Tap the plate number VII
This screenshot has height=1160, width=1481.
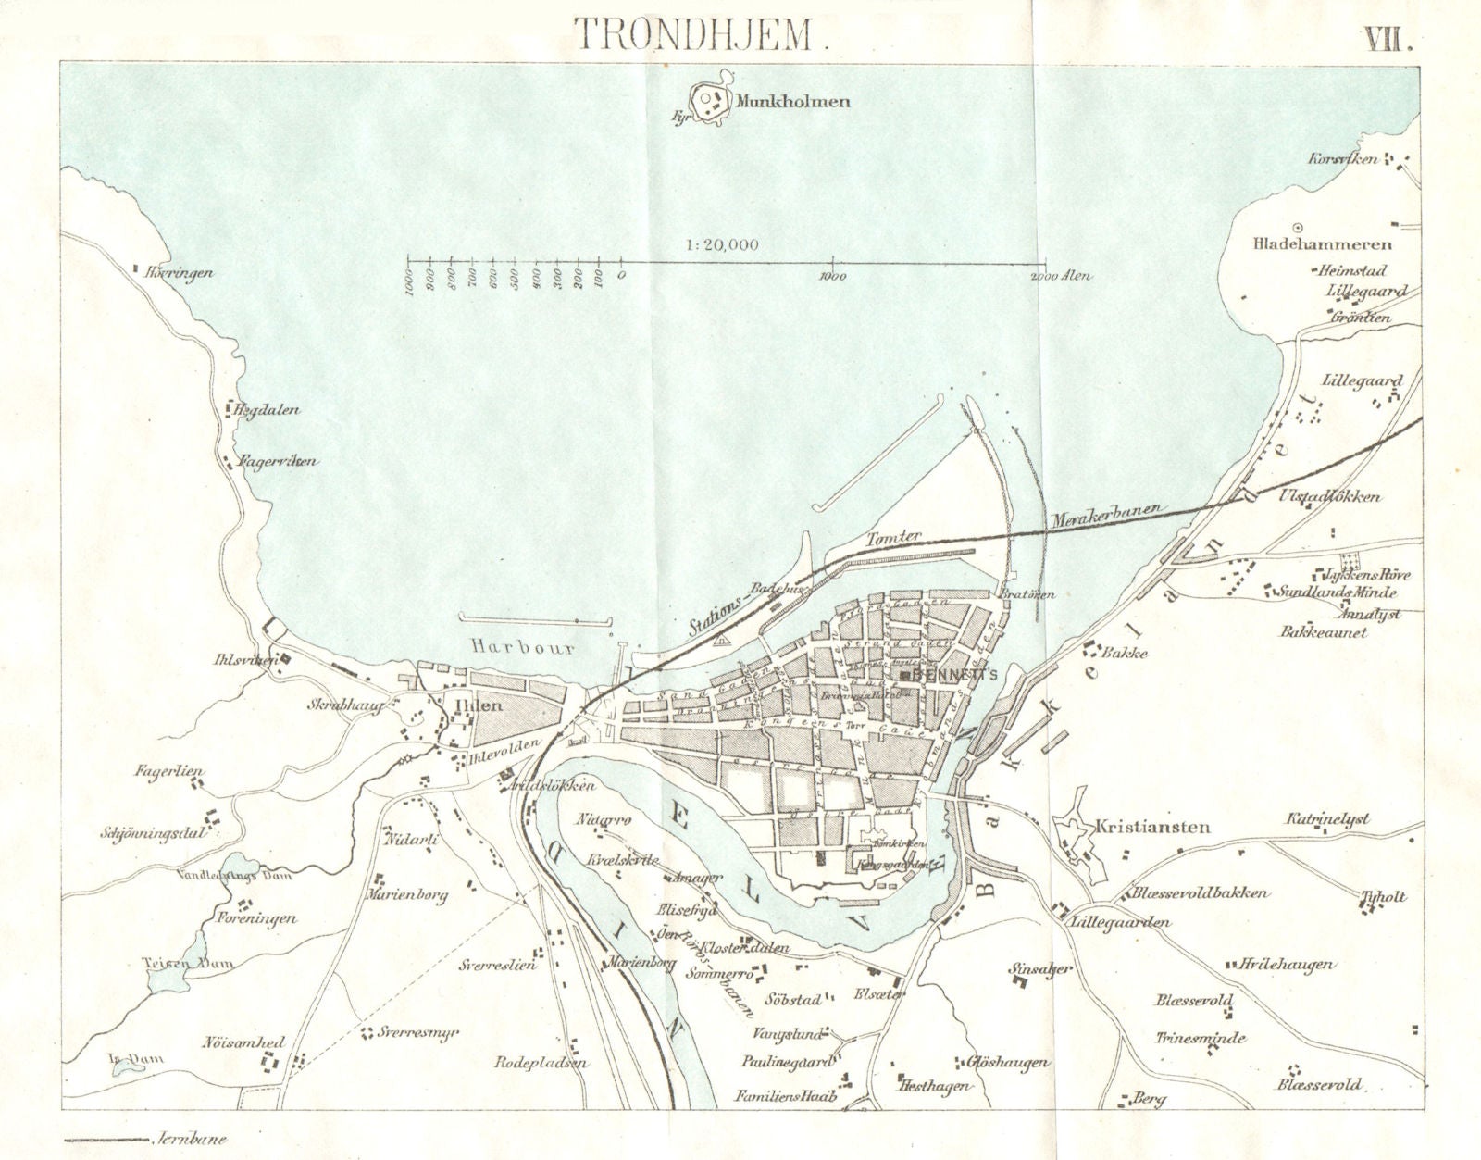1386,39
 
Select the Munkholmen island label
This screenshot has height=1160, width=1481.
792,101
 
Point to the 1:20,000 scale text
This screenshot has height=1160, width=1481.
722,244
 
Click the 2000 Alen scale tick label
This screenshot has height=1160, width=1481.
1061,276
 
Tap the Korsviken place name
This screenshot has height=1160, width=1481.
1343,159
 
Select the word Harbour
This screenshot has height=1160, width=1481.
522,647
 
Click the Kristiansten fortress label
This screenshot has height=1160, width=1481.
1152,827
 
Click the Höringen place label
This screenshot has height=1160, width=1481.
180,273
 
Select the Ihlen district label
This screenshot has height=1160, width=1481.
479,705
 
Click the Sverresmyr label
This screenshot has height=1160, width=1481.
418,1032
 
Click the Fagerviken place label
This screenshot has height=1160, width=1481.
278,460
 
